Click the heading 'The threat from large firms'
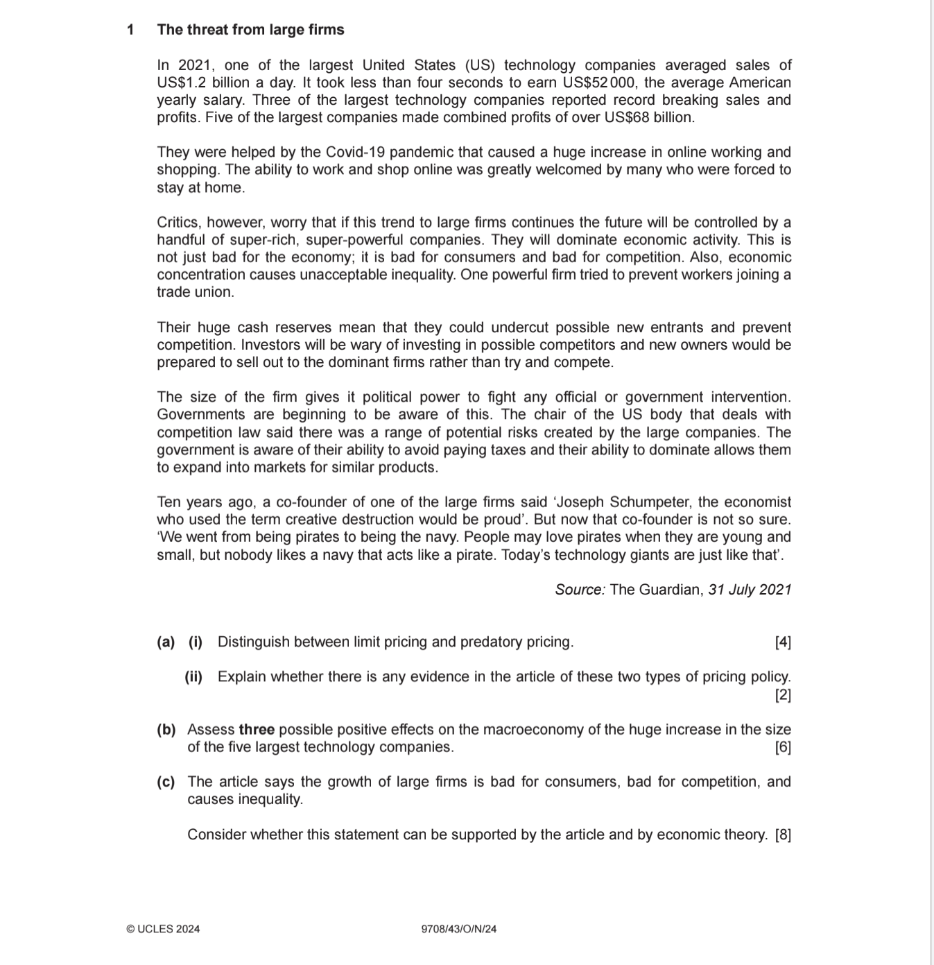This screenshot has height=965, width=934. pos(250,30)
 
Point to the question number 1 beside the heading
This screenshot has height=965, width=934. pos(130,30)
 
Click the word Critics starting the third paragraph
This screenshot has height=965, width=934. pos(178,223)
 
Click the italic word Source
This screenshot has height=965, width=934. pos(580,590)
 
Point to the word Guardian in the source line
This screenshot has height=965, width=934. pos(669,590)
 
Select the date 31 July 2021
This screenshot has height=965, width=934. pos(750,590)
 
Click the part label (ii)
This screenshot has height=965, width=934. pos(193,676)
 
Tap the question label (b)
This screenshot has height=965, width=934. pos(166,730)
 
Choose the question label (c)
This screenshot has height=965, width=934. pos(166,782)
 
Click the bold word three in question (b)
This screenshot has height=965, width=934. pos(257,730)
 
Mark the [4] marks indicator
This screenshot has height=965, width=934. pos(783,642)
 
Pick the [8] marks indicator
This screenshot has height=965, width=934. pos(783,835)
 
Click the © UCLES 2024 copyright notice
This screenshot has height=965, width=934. pos(163,929)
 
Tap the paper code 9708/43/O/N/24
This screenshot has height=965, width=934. pos(459,929)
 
